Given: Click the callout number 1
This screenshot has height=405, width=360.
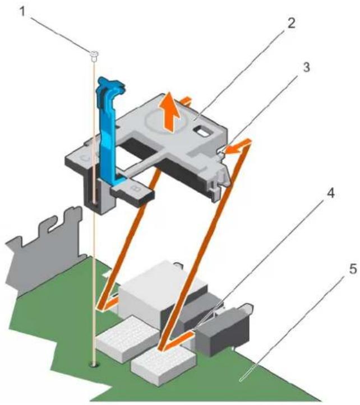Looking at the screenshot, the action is pyautogui.click(x=23, y=12).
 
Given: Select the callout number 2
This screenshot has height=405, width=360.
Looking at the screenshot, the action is pyautogui.click(x=290, y=24).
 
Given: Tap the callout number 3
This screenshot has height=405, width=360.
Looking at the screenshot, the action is pyautogui.click(x=306, y=68).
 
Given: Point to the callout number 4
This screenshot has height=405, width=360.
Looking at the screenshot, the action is pyautogui.click(x=330, y=193).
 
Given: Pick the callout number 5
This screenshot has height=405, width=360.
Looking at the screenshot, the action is pyautogui.click(x=353, y=269).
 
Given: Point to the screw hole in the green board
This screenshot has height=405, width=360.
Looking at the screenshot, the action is pyautogui.click(x=94, y=365).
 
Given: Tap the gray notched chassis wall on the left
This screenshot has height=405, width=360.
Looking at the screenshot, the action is pyautogui.click(x=43, y=248).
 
